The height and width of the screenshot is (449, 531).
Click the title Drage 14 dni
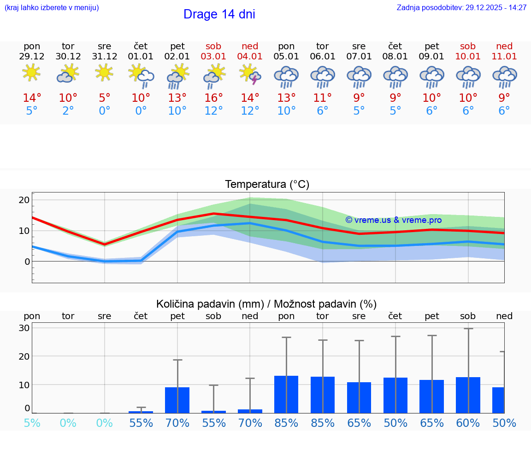219,14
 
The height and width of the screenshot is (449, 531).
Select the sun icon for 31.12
105,73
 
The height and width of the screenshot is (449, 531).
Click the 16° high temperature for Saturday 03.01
213,98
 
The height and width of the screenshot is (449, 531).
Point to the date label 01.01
141,57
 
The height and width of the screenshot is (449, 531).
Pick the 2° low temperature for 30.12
68,111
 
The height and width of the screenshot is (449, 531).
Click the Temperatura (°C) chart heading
267,185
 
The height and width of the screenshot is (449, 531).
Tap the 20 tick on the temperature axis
24,200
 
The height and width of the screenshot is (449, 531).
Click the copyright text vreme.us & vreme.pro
393,220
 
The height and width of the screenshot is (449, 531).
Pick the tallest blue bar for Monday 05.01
286,394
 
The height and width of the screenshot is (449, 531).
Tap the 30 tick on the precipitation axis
24,328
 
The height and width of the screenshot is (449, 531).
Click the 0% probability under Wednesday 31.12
105,423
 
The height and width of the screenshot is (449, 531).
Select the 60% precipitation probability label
468,423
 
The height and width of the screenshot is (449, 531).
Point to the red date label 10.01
468,57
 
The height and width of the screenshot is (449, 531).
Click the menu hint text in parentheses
52,8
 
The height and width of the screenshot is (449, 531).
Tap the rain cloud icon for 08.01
395,76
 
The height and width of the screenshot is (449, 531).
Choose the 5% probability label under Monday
32,423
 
